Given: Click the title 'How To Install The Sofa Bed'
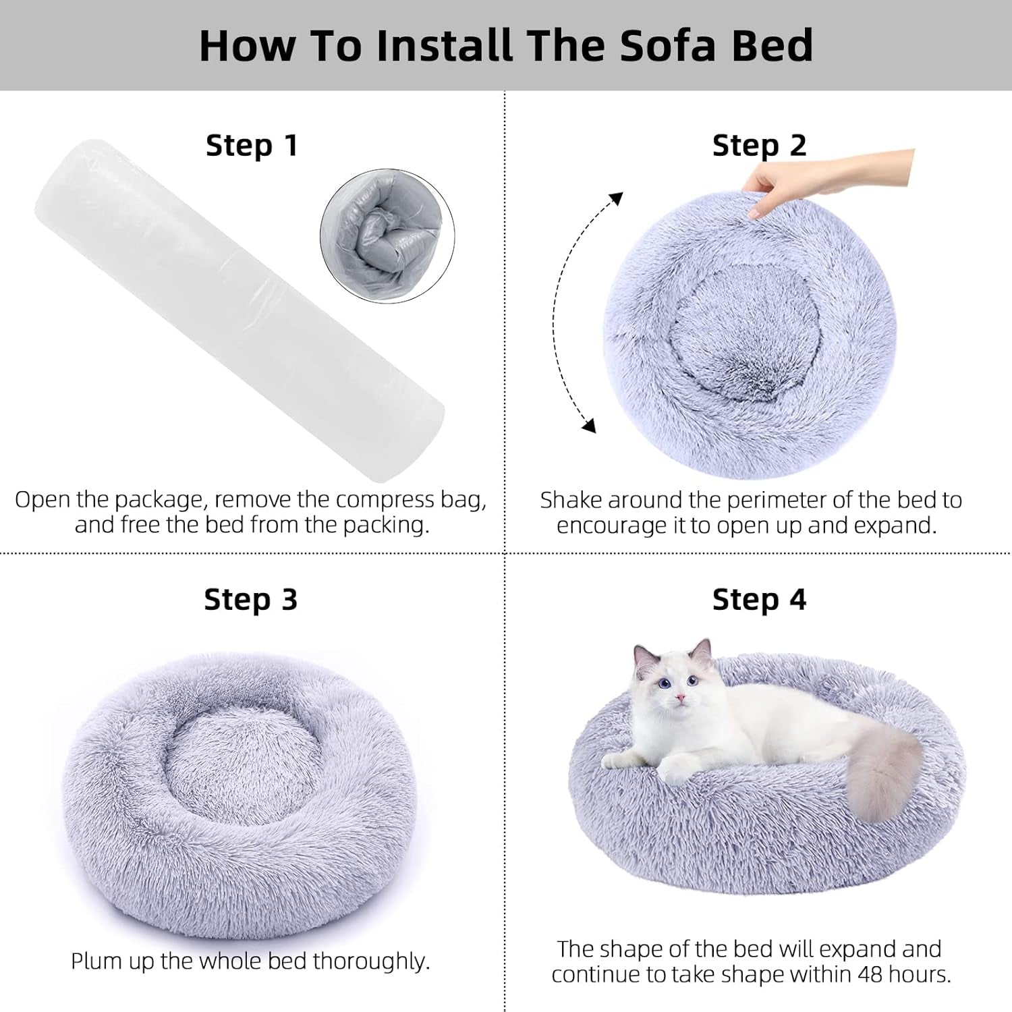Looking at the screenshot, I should pos(506,45).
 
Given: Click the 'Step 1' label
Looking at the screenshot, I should pos(252,146).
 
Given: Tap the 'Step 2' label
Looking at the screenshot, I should pos(759,146).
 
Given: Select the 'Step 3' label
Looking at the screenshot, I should pos(250,599).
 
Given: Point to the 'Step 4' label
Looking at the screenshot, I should pos(759,599).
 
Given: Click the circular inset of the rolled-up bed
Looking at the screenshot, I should pos(387,236).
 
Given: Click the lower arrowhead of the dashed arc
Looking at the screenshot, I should pos(589,426).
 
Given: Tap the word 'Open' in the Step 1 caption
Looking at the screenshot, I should pos(43,500).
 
